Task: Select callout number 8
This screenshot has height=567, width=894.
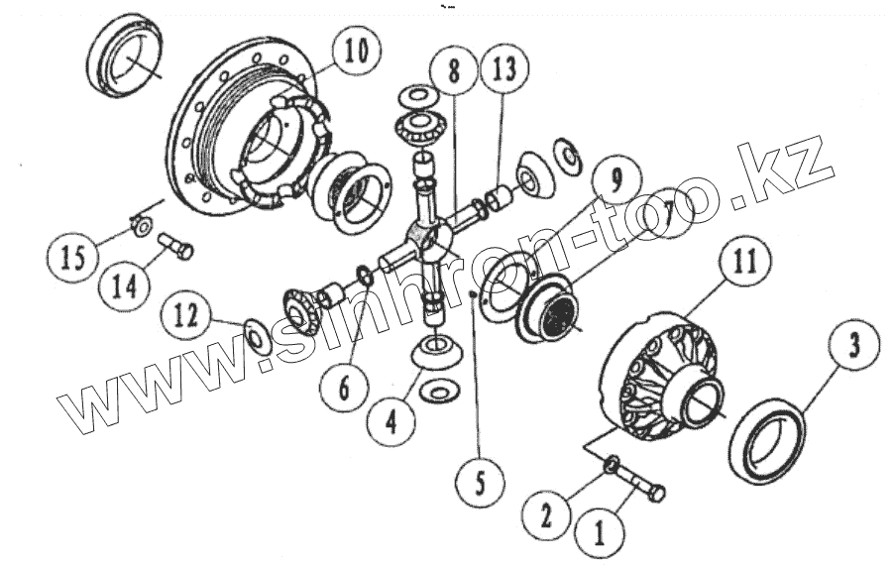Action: [452, 70]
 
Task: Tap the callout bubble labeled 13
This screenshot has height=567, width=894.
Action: [503, 70]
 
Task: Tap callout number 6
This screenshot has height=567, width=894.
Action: [343, 386]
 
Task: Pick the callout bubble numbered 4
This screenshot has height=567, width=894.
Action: [390, 422]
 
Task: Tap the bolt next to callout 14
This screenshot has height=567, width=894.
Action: [176, 243]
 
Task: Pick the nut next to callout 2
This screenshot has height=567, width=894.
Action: [612, 463]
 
